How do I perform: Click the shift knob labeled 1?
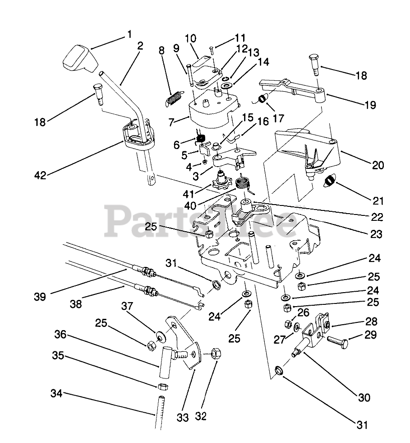[x=79, y=59]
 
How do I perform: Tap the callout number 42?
[x=40, y=175]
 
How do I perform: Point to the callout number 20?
[x=378, y=165]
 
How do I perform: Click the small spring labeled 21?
[x=330, y=180]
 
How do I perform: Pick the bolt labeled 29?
[x=337, y=341]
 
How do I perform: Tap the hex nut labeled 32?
[x=216, y=354]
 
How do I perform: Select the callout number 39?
[x=40, y=297]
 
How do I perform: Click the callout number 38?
[x=76, y=304]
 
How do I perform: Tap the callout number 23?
[x=376, y=234]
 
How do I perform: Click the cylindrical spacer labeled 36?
[x=165, y=363]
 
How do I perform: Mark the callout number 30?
[x=364, y=397]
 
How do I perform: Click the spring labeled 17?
[x=263, y=98]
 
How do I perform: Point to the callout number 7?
[x=170, y=122]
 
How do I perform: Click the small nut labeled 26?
[x=289, y=324]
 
